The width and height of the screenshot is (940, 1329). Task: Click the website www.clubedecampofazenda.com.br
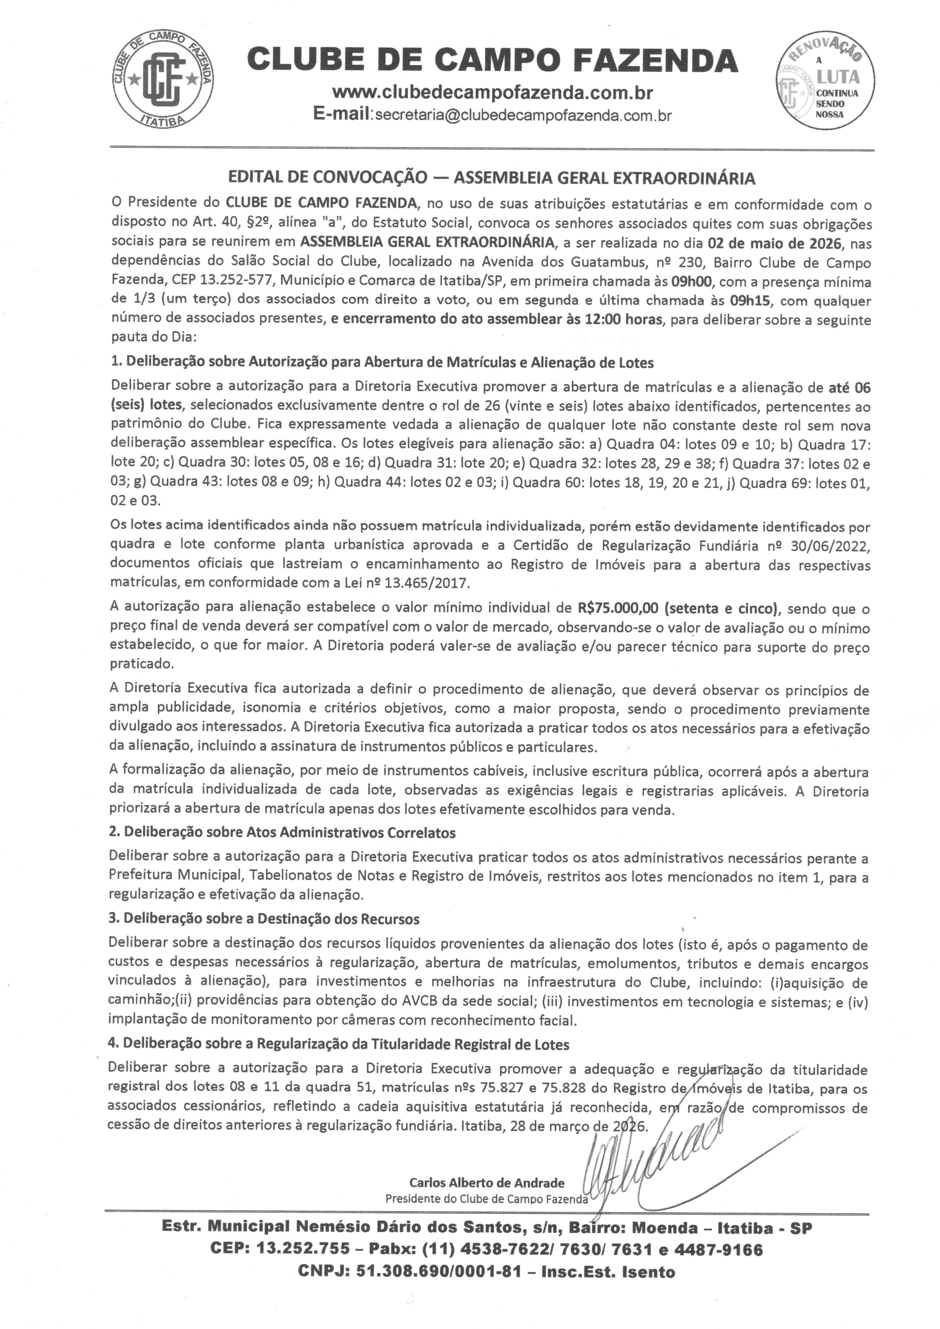tap(493, 93)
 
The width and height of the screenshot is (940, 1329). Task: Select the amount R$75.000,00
tap(618, 608)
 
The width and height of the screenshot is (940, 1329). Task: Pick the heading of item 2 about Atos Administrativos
tap(283, 832)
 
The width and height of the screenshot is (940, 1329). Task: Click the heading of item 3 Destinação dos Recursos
tap(264, 918)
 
